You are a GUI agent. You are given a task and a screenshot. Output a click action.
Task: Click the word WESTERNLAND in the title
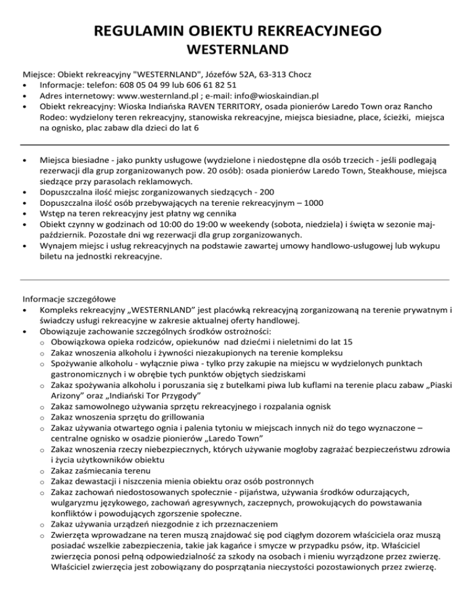[x=238, y=48]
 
